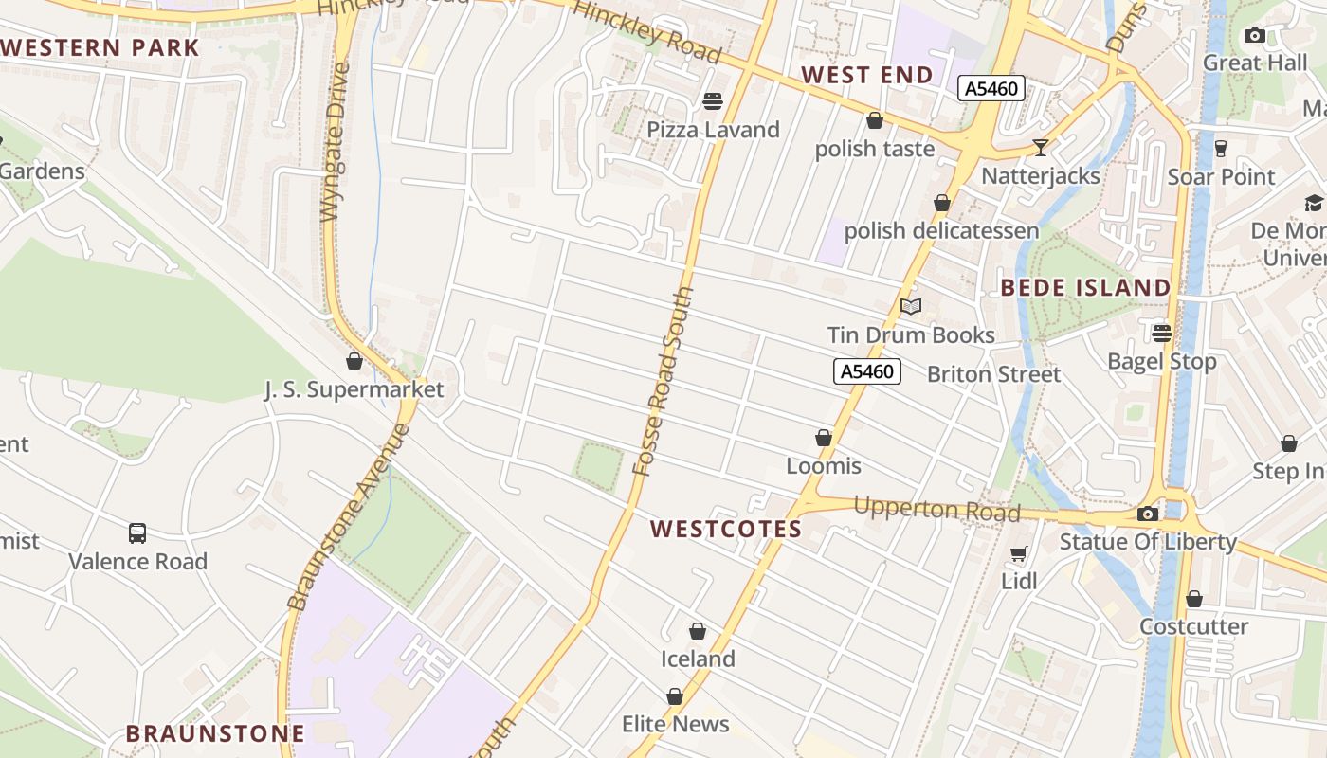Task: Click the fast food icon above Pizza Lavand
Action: [713, 101]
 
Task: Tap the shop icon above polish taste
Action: [875, 121]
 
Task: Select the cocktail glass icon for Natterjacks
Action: [1041, 148]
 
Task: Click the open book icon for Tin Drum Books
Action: [911, 306]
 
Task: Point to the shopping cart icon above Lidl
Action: [1019, 553]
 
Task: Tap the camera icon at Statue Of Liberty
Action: [1148, 514]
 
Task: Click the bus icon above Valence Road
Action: [137, 533]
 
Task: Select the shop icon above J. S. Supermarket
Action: [354, 361]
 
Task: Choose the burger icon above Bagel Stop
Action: [1162, 334]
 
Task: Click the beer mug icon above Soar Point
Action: [1221, 149]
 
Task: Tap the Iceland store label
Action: [698, 659]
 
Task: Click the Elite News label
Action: [675, 725]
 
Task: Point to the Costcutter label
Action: [1193, 626]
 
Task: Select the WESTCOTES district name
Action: [726, 530]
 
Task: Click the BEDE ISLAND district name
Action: [1085, 287]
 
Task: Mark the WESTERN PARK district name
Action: [100, 48]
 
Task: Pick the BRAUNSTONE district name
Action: [215, 733]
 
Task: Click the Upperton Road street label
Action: [936, 510]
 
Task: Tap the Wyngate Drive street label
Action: [336, 142]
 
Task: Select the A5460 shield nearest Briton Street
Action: [867, 371]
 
